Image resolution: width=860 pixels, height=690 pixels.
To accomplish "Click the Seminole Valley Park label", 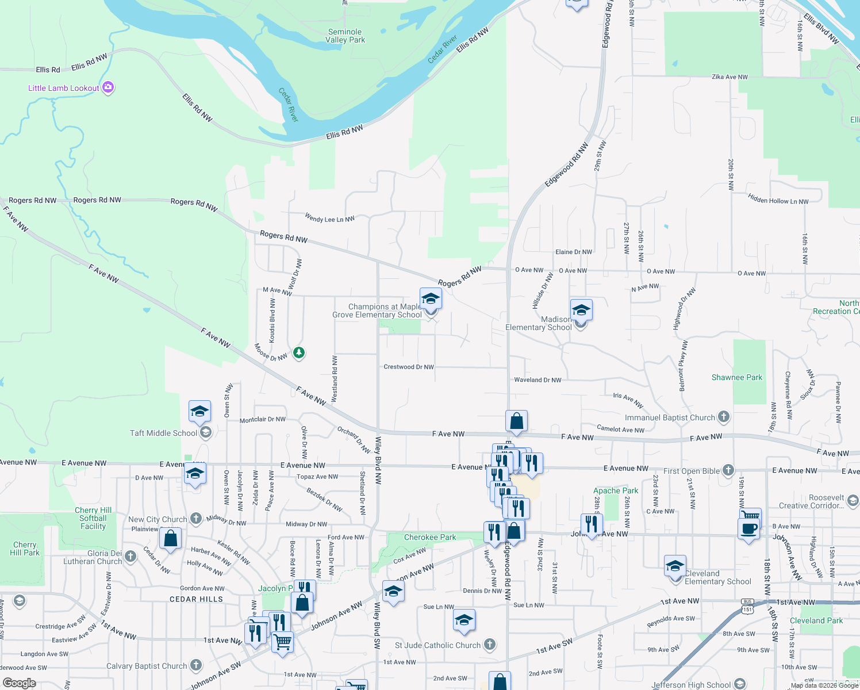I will (x=345, y=36).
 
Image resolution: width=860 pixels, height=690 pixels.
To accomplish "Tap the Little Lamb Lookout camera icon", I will (x=108, y=88).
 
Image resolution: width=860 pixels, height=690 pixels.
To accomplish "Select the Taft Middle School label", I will (x=163, y=433).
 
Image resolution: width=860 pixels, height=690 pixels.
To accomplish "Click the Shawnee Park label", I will (x=736, y=378).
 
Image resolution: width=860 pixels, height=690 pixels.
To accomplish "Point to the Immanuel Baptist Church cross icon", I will (x=724, y=417).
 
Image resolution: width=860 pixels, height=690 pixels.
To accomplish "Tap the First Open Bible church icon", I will (x=728, y=470).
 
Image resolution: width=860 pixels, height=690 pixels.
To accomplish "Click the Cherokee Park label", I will (x=429, y=538).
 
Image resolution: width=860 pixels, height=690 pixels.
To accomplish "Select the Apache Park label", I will (x=616, y=491).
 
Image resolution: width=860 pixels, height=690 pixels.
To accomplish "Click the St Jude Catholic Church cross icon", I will (x=490, y=645).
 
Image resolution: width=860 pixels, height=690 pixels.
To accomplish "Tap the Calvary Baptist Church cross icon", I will (x=196, y=666).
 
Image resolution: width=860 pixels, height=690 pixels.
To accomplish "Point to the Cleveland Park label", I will (x=816, y=621).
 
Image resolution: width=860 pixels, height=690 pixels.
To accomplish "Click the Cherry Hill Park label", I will (x=25, y=549).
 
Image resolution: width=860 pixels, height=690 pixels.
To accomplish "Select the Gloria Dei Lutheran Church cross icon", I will (x=130, y=556).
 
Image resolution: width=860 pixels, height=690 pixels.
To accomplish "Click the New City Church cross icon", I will (x=196, y=519).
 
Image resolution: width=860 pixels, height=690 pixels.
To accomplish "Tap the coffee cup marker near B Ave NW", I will (x=748, y=528).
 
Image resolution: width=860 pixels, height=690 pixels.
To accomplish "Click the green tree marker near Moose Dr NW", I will (x=298, y=352).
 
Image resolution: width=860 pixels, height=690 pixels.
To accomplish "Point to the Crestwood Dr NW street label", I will (x=408, y=367).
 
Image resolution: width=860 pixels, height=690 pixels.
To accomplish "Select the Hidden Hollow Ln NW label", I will (x=778, y=200).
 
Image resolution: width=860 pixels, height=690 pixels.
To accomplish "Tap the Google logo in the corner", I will (x=19, y=683).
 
